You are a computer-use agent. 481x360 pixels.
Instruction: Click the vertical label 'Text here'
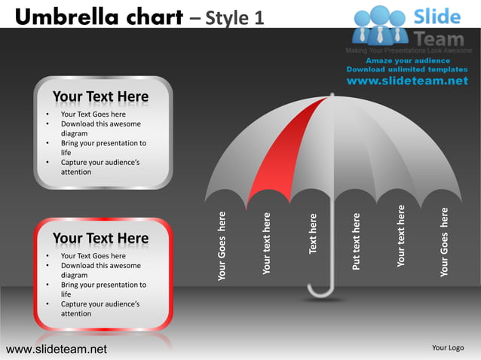click(314, 233)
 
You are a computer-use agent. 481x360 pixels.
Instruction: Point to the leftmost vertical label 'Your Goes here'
click(222, 246)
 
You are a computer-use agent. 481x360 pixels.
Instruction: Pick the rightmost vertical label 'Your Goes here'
click(445, 242)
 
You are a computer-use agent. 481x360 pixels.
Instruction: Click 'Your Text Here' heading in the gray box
click(100, 97)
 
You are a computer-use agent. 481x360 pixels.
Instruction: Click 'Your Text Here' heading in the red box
click(100, 239)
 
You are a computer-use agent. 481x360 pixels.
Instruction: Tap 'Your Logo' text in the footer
click(447, 348)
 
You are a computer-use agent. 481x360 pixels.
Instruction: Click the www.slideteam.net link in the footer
click(57, 349)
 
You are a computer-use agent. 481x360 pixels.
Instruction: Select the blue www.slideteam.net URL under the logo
click(407, 81)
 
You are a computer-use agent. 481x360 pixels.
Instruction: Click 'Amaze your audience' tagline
click(408, 60)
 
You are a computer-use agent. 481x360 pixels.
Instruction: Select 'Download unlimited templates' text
click(407, 69)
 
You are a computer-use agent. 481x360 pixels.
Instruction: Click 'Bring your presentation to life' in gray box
click(103, 148)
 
